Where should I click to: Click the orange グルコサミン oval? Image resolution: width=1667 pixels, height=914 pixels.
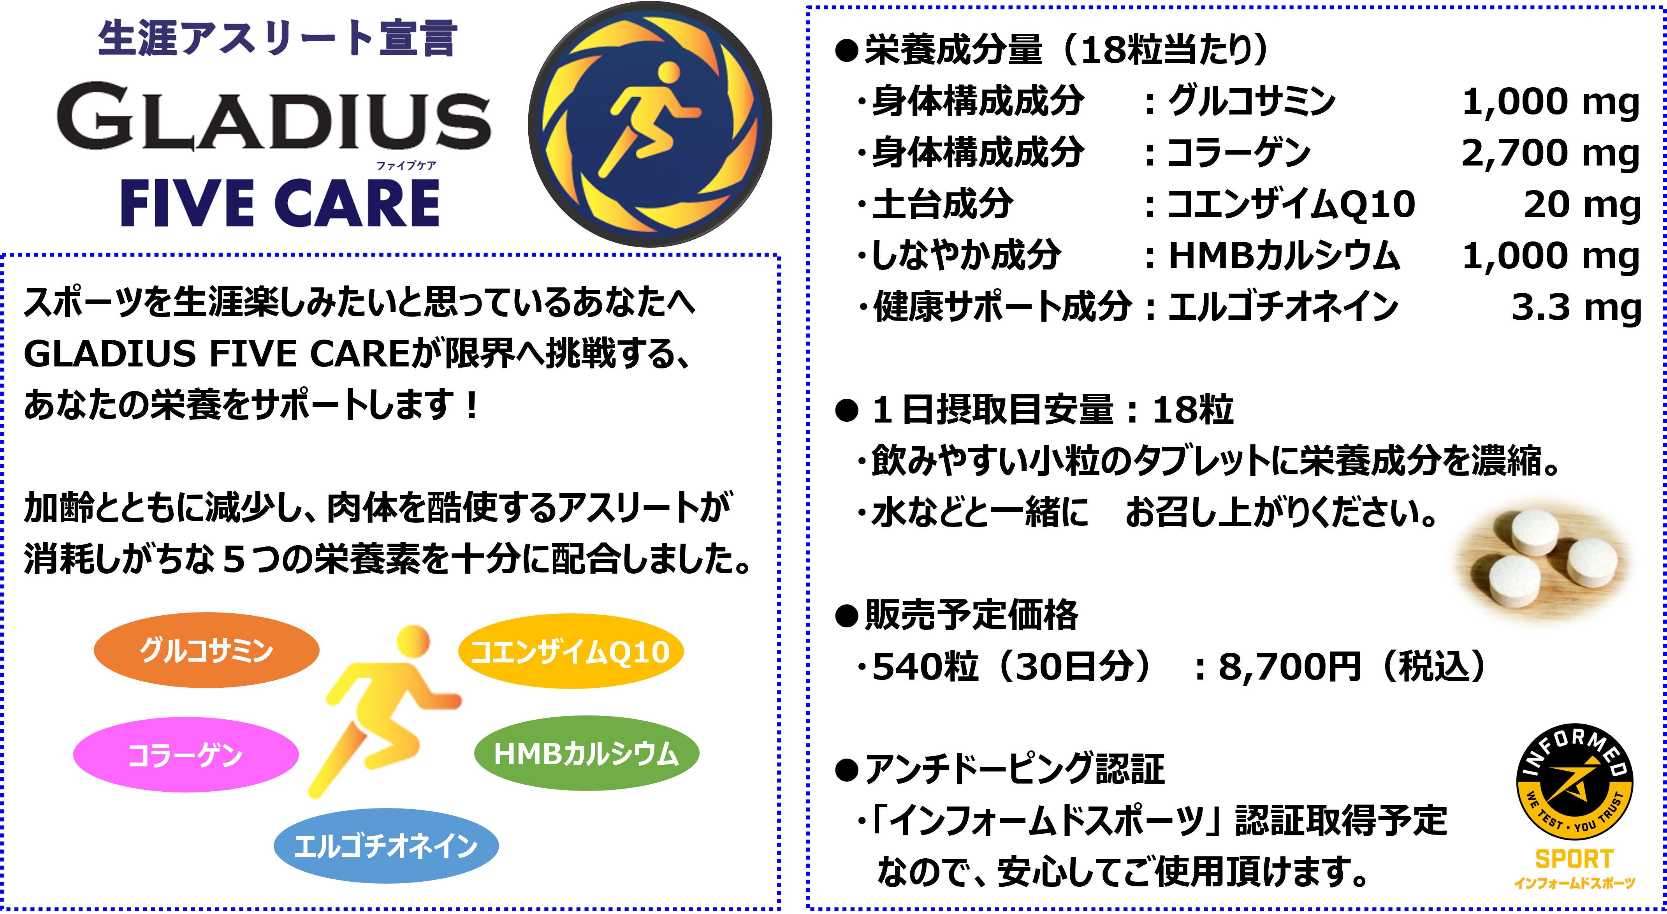(x=206, y=650)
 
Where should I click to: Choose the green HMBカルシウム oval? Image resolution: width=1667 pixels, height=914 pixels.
(x=586, y=754)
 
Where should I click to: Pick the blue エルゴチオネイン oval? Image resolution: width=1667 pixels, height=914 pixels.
(x=386, y=846)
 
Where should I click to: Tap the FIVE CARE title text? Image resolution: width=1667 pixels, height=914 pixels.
(x=280, y=203)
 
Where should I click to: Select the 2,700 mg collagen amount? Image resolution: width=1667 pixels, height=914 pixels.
(x=1551, y=153)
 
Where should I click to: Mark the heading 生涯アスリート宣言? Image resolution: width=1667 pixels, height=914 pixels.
(x=278, y=37)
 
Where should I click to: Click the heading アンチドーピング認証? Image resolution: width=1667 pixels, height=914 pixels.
(x=1015, y=769)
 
